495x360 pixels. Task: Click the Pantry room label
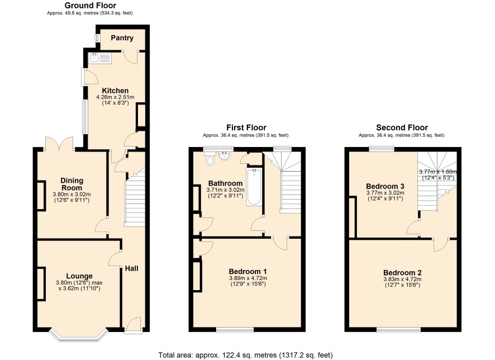(x=122, y=38)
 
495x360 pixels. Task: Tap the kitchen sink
(x=101, y=59)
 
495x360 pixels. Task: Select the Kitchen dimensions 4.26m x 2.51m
(x=115, y=97)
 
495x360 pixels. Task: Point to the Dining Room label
(x=72, y=184)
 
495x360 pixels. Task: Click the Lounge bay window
(x=79, y=336)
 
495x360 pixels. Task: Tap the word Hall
(x=132, y=268)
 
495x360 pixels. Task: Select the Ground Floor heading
(x=91, y=6)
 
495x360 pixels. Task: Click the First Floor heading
(x=246, y=127)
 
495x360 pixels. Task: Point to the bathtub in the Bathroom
(x=254, y=187)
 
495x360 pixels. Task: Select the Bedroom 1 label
(x=248, y=271)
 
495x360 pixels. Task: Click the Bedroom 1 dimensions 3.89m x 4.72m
(x=248, y=278)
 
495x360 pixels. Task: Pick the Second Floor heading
(x=402, y=127)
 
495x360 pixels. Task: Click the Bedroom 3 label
(x=385, y=186)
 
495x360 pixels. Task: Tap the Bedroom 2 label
(x=402, y=273)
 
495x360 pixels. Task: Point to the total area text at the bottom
(x=245, y=355)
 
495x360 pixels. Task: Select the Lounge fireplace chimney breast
(x=41, y=283)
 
